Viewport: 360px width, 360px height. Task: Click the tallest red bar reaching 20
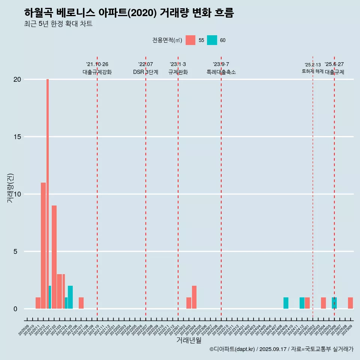[x=48, y=187]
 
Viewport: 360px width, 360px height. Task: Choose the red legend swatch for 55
[x=190, y=40]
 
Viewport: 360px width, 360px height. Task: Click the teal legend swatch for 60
[x=212, y=40]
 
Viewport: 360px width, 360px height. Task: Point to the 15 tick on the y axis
[x=18, y=137]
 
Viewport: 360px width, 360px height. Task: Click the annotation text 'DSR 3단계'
[x=145, y=72]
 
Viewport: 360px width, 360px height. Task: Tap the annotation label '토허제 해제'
[x=312, y=71]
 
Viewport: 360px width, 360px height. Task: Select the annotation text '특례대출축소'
[x=221, y=72]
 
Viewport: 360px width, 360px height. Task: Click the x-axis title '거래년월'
[x=189, y=340]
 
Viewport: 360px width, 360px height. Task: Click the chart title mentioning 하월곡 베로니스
[x=129, y=13]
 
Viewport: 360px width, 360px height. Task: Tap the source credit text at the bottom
[x=281, y=349]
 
